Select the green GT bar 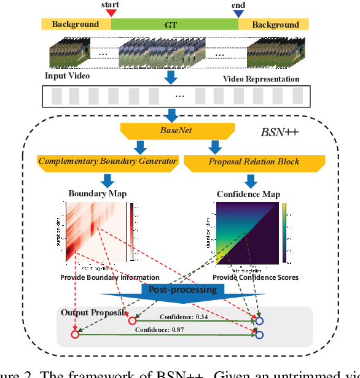click(174, 25)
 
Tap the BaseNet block click(178, 131)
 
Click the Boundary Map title click(97, 194)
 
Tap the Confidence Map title click(248, 194)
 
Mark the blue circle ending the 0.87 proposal click(259, 335)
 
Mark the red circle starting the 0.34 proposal click(132, 320)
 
